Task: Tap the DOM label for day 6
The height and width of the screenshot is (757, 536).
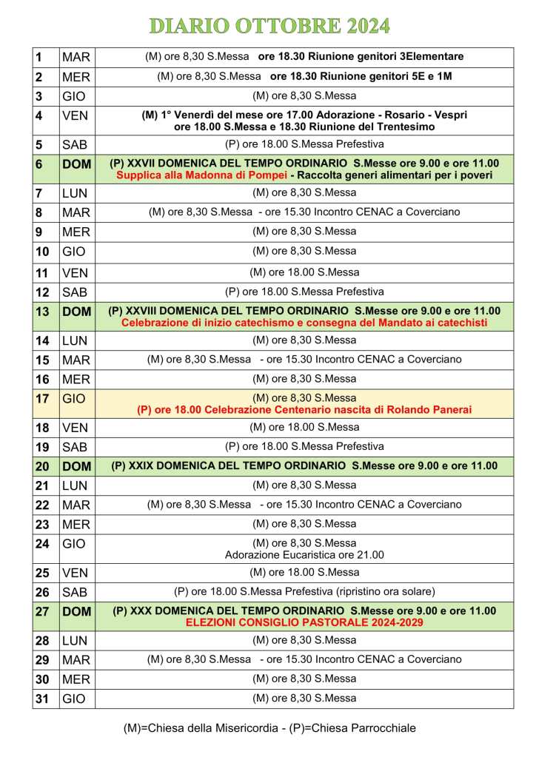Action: tap(76, 164)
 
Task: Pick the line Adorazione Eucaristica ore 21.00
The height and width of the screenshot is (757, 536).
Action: tap(304, 554)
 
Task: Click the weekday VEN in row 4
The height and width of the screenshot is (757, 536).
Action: tap(75, 115)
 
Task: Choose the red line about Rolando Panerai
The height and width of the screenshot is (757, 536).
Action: tap(304, 409)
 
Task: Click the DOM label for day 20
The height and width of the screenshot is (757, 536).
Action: tap(76, 465)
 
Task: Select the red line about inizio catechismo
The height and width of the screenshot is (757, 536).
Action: tap(304, 323)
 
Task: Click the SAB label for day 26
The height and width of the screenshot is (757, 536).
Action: tap(75, 592)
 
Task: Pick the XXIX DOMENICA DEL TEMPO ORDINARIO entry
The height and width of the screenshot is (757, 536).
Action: tap(304, 465)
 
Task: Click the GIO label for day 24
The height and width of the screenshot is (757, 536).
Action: tap(74, 543)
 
